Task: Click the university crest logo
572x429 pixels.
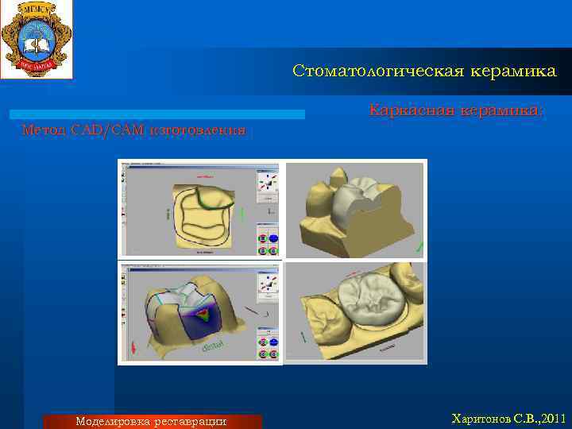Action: tap(37, 39)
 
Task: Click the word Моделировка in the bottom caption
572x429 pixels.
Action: tap(114, 421)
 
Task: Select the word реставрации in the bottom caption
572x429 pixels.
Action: tap(191, 421)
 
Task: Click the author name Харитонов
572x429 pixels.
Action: tap(481, 418)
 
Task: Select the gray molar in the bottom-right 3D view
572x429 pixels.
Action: tap(365, 300)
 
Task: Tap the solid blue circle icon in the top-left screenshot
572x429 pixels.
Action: tap(273, 238)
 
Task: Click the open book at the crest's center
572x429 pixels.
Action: tap(37, 37)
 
